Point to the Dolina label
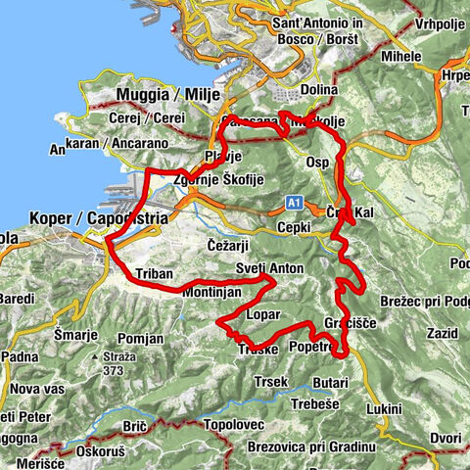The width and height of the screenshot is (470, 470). click(x=318, y=90)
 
